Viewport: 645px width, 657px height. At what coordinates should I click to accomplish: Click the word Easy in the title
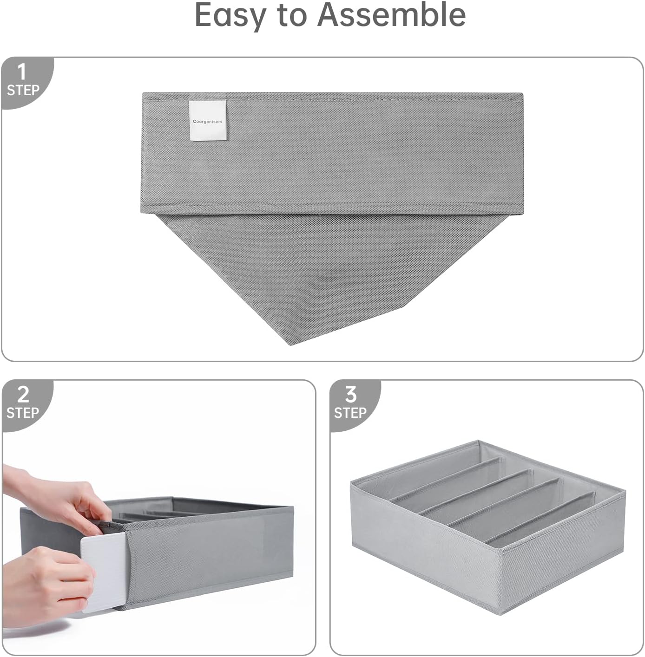click(x=230, y=15)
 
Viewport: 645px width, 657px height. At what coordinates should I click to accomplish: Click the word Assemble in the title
click(x=391, y=15)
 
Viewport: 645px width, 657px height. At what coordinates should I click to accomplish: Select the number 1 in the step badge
click(x=22, y=72)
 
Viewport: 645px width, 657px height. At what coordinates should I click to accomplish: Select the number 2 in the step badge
click(x=23, y=395)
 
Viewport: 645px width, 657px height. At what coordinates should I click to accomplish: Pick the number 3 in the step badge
click(x=351, y=395)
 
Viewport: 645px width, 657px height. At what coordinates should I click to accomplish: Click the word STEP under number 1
click(x=23, y=90)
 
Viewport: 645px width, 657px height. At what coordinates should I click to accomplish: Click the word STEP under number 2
click(x=23, y=413)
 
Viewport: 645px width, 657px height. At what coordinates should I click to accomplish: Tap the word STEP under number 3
click(x=350, y=413)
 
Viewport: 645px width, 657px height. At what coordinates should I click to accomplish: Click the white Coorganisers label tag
click(x=208, y=120)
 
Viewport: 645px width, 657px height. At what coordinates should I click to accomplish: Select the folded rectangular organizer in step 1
click(x=332, y=153)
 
